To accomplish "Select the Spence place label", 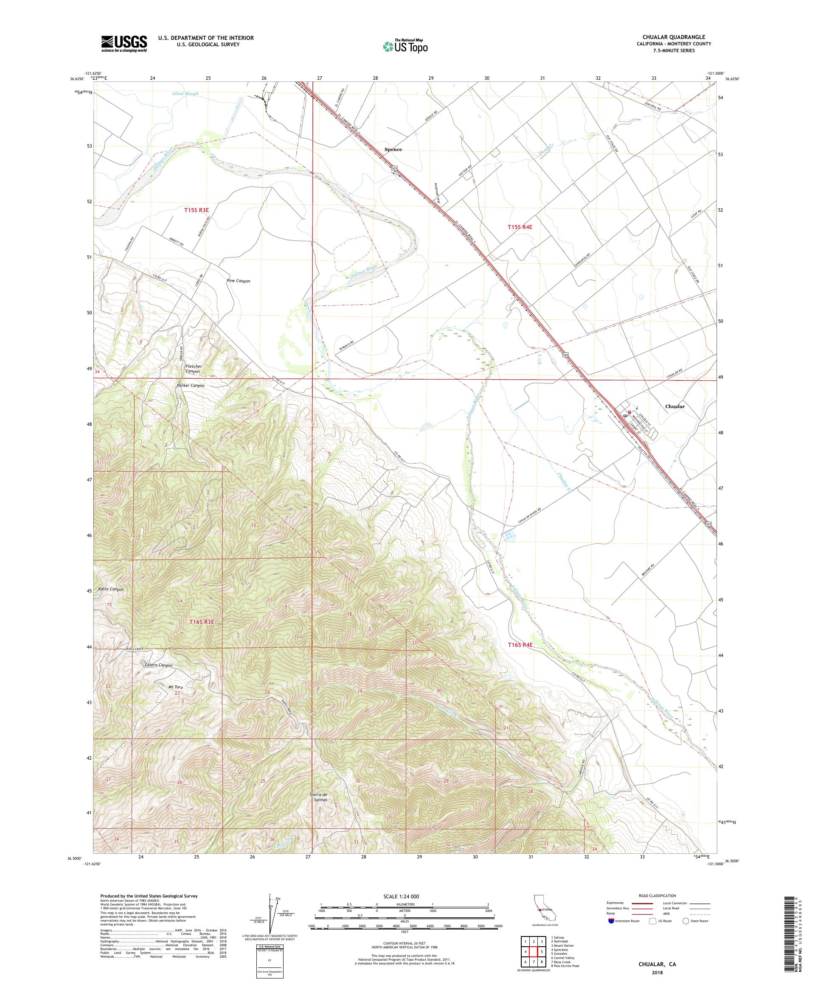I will coord(393,149).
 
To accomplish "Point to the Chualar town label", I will coord(675,406).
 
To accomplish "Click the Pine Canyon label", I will coord(238,281).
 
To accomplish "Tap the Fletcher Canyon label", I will coord(193,369).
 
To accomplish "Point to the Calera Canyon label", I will coord(158,665).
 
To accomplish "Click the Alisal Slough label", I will coord(185,94).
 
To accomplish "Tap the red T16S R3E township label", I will coord(202,622).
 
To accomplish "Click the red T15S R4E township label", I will coord(520,227).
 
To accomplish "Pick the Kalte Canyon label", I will coord(111,590).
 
